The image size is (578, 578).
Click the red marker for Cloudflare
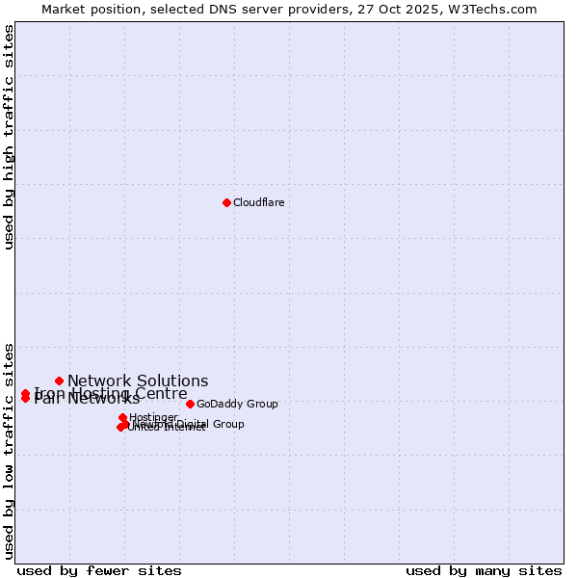click(x=226, y=202)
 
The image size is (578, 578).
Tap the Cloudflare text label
click(x=258, y=202)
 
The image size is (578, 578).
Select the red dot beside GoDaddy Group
click(x=190, y=404)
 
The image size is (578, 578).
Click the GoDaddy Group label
click(x=237, y=404)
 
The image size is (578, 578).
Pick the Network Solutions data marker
click(x=59, y=381)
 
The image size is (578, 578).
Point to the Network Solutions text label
click(x=138, y=381)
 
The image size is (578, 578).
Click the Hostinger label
click(x=153, y=417)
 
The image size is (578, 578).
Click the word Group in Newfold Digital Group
click(x=227, y=424)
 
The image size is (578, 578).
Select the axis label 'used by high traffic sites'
click(x=9, y=137)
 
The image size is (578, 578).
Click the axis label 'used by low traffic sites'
click(x=9, y=450)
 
